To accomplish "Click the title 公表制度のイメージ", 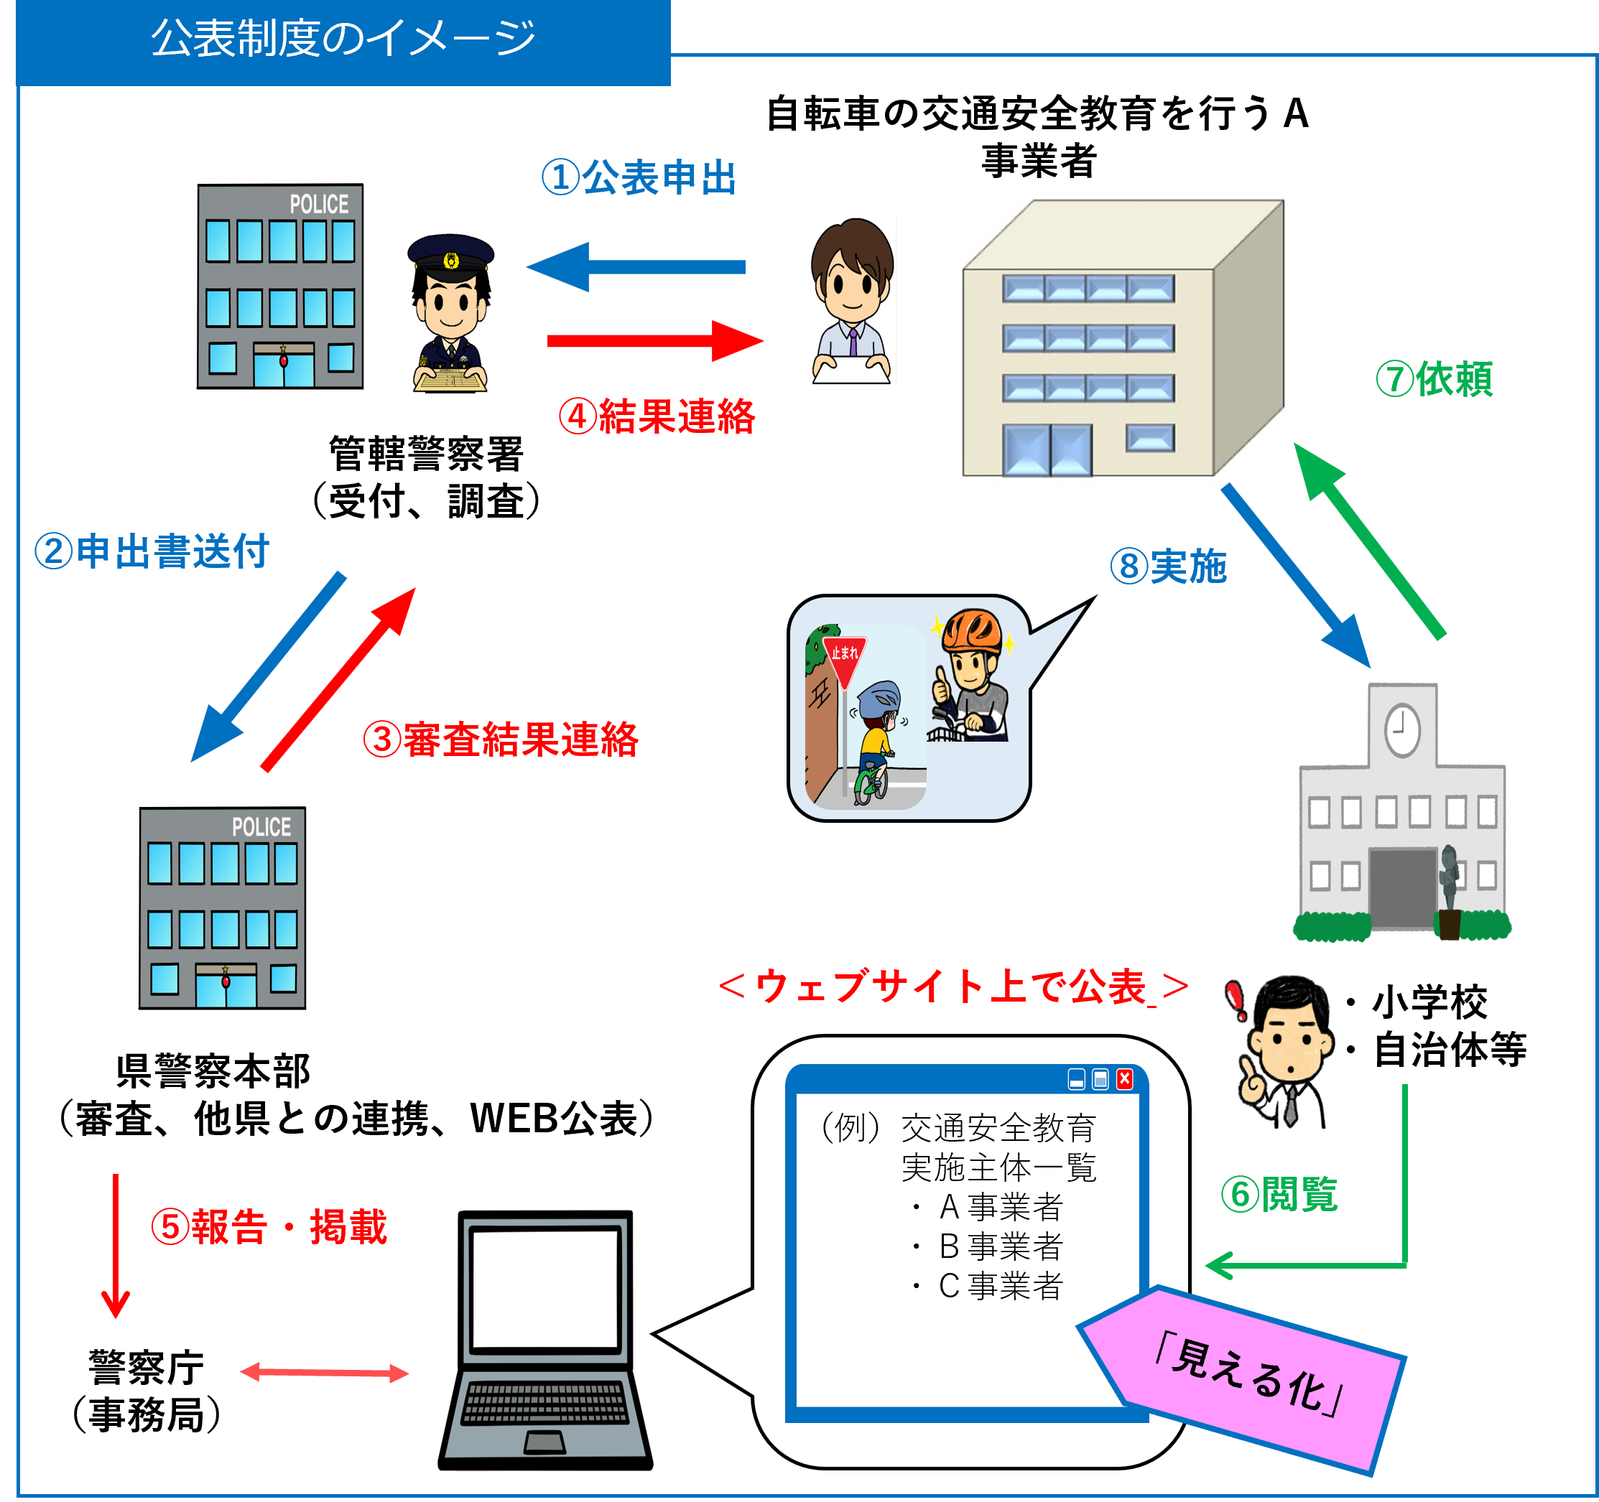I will pos(343,39).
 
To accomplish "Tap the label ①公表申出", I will pos(639,178).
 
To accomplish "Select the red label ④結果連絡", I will pos(657,416).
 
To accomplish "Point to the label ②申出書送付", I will pos(152,551).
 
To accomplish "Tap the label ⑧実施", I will pos(1169,566).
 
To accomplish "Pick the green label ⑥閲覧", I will pos(1279,1194).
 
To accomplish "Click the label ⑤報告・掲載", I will pos(269,1227).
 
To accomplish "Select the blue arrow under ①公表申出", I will pos(636,267).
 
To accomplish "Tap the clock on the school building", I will pos(1402,730).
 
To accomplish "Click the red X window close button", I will pos(1124,1079).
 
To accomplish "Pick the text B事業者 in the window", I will pos(1001,1246).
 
